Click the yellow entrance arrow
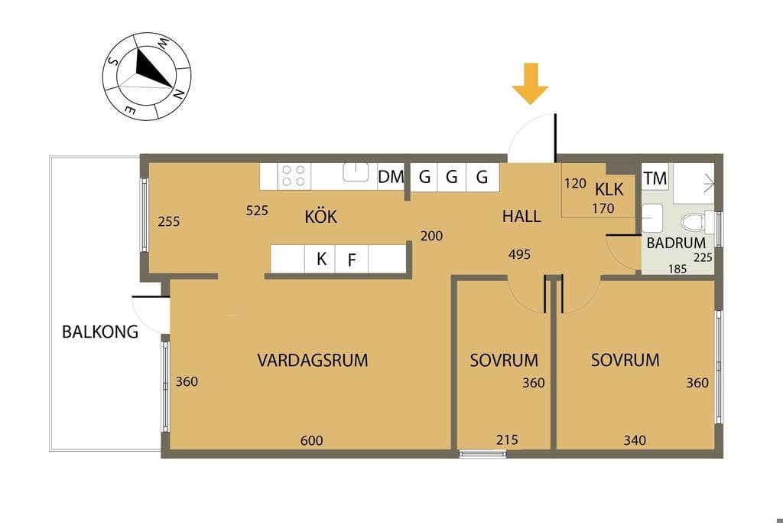tap(531, 83)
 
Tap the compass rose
tap(147, 77)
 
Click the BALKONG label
tap(100, 332)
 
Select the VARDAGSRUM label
tap(313, 361)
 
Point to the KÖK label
tap(320, 217)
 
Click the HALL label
tap(521, 217)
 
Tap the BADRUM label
tap(676, 244)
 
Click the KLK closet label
tap(609, 189)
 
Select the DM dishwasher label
tap(391, 177)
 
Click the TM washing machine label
tap(655, 178)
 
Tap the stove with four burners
tap(294, 176)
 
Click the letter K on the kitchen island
tap(322, 259)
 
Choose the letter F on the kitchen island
tap(352, 260)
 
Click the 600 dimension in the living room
tap(312, 440)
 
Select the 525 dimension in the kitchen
tap(257, 211)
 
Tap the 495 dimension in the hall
tap(519, 254)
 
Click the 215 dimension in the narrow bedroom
tap(507, 440)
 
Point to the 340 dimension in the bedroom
tap(635, 440)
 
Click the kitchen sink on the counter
tap(356, 172)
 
